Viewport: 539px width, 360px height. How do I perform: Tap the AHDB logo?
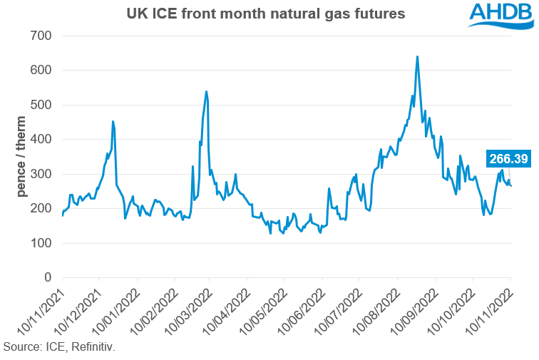point(498,16)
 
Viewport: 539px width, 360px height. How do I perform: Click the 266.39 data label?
point(508,159)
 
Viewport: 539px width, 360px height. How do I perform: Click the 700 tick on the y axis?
point(46,36)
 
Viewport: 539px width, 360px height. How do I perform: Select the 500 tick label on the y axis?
point(46,105)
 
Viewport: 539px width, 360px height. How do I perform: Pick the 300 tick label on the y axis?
point(46,174)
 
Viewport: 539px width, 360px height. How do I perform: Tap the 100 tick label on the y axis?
point(46,243)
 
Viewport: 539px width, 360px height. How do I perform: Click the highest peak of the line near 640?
point(417,56)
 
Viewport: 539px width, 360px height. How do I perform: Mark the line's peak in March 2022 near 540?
point(206,91)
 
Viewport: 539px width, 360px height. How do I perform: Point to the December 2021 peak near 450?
point(113,121)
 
